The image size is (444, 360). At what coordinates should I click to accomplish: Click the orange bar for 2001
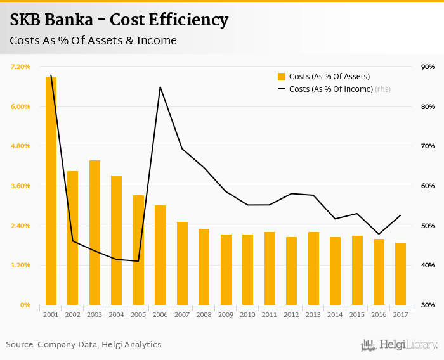click(51, 190)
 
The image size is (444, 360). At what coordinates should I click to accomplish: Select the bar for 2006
click(160, 255)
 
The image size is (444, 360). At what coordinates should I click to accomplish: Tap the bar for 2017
click(400, 273)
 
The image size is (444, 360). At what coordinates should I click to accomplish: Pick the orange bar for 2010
click(247, 269)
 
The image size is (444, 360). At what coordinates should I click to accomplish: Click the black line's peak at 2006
click(160, 87)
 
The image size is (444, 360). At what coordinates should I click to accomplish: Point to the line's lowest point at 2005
click(138, 261)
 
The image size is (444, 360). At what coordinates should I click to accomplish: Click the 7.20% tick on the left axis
click(21, 67)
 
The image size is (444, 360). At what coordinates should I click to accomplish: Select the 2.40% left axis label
click(21, 226)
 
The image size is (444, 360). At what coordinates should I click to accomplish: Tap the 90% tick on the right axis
click(428, 67)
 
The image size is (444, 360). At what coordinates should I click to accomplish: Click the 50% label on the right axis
click(428, 226)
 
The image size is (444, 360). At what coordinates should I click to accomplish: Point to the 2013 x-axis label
click(313, 314)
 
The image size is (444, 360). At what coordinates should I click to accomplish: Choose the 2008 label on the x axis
click(204, 314)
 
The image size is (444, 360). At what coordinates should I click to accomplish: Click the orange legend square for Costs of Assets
click(282, 77)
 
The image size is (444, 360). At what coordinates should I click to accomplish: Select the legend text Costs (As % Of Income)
click(330, 89)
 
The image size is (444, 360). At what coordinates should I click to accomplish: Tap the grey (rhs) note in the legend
click(382, 89)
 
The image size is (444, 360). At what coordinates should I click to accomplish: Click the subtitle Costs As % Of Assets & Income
click(93, 41)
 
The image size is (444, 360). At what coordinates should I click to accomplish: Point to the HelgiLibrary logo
click(399, 345)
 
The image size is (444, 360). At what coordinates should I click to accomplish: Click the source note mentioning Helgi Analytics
click(84, 345)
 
